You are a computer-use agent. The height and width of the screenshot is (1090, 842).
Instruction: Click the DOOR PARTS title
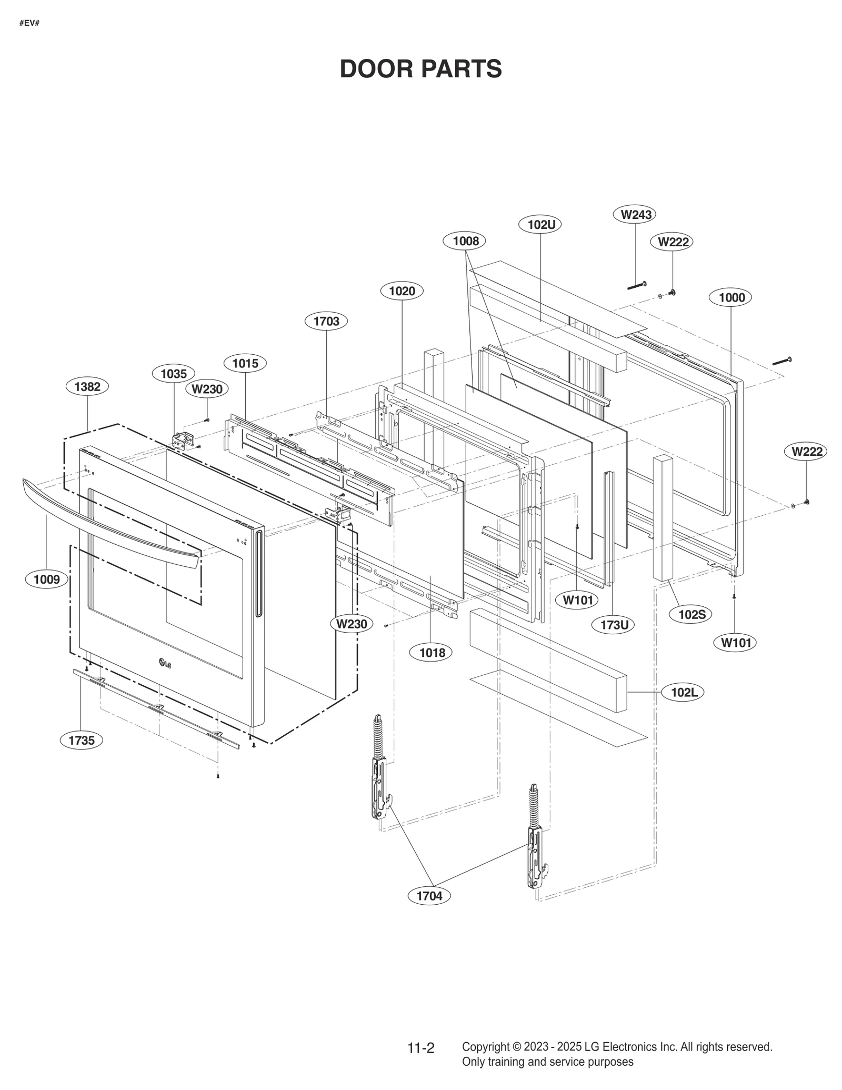(x=420, y=69)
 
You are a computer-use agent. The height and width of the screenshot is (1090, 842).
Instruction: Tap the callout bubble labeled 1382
(x=87, y=387)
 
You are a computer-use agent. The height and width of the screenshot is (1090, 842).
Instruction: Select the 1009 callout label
(x=47, y=579)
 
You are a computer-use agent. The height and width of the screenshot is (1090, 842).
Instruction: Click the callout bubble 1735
(x=82, y=741)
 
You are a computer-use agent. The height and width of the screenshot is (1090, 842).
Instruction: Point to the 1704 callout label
(x=429, y=896)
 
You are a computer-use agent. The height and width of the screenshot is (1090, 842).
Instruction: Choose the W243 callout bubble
(x=636, y=215)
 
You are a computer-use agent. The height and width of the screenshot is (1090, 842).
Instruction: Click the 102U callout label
(x=542, y=225)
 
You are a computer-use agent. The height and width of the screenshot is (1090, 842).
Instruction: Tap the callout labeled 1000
(x=731, y=297)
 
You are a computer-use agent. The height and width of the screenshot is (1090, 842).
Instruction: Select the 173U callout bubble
(x=614, y=625)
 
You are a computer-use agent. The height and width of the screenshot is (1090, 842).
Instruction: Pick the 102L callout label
(x=684, y=692)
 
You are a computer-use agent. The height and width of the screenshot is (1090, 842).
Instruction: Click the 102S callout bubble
(x=691, y=614)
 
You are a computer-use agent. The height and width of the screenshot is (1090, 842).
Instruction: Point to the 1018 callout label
(x=432, y=653)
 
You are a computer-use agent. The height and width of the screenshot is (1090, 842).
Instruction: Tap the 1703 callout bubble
(x=326, y=321)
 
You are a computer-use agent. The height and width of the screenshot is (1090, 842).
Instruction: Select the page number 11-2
(x=421, y=1048)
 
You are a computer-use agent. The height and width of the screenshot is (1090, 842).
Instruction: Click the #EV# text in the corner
(x=29, y=23)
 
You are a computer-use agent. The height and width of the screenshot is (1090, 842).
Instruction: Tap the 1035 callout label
(x=174, y=374)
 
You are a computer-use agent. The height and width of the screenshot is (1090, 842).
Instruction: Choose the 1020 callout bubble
(x=402, y=291)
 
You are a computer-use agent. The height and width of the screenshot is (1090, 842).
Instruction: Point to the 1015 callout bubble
(x=245, y=363)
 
